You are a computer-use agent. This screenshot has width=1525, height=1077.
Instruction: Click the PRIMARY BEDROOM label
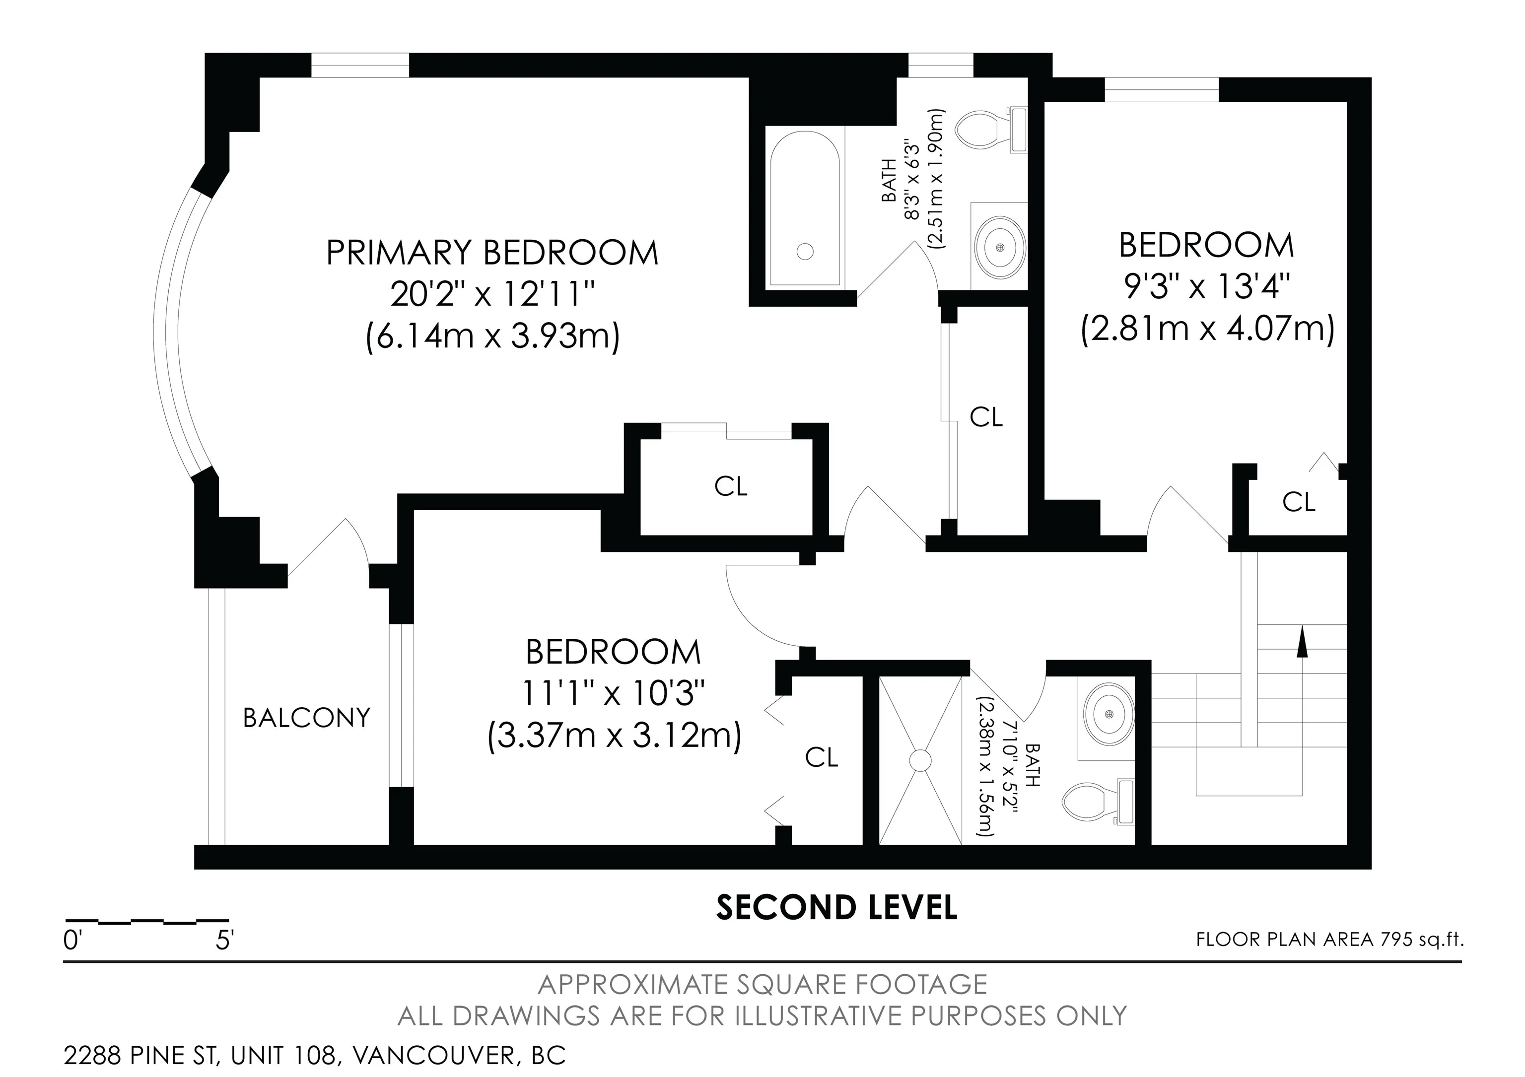point(492,253)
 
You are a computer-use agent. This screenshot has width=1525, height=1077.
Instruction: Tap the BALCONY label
point(307,718)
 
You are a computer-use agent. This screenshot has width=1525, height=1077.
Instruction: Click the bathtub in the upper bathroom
point(806,208)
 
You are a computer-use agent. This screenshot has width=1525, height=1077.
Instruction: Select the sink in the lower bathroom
point(1109,714)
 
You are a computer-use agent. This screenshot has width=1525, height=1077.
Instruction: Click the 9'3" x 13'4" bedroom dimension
point(1207,287)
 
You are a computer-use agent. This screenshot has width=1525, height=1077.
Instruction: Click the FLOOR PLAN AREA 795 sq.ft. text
point(1330,940)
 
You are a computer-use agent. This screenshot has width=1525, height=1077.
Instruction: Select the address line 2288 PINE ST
point(315,1055)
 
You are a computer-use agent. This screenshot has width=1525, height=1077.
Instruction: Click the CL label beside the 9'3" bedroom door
point(1299,503)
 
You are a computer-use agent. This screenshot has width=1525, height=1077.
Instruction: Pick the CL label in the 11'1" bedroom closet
point(822,757)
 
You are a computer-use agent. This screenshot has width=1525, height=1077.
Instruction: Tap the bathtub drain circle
point(805,252)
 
